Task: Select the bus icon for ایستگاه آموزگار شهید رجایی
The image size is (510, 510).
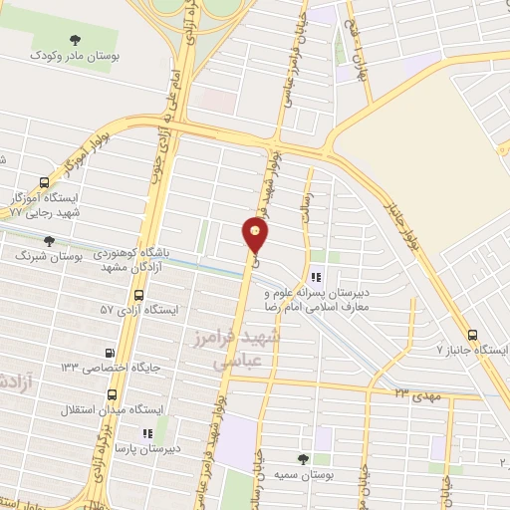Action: click(x=44, y=182)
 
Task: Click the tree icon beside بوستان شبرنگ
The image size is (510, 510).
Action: click(x=47, y=239)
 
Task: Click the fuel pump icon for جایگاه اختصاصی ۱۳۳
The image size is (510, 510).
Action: click(x=110, y=352)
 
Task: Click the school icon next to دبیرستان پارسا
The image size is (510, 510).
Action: click(x=147, y=433)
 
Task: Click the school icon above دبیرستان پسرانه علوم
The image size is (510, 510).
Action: click(x=316, y=278)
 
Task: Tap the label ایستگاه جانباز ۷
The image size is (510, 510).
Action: click(x=472, y=352)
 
